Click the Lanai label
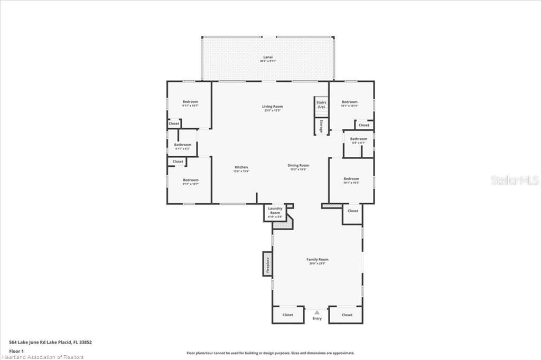pyautogui.click(x=267, y=59)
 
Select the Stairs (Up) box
pyautogui.click(x=321, y=105)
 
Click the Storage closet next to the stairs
pyautogui.click(x=321, y=126)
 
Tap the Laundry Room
pyautogui.click(x=275, y=212)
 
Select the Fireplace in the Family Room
pyautogui.click(x=267, y=263)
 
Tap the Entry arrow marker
pyautogui.click(x=317, y=312)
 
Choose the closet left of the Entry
pyautogui.click(x=288, y=315)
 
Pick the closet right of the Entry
pyautogui.click(x=347, y=315)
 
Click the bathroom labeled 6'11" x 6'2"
pyautogui.click(x=183, y=146)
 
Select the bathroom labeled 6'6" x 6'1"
pyautogui.click(x=358, y=140)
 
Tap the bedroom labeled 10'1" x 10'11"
pyautogui.click(x=349, y=103)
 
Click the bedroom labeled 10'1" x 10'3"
pyautogui.click(x=351, y=180)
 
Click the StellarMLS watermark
pyautogui.click(x=515, y=181)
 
